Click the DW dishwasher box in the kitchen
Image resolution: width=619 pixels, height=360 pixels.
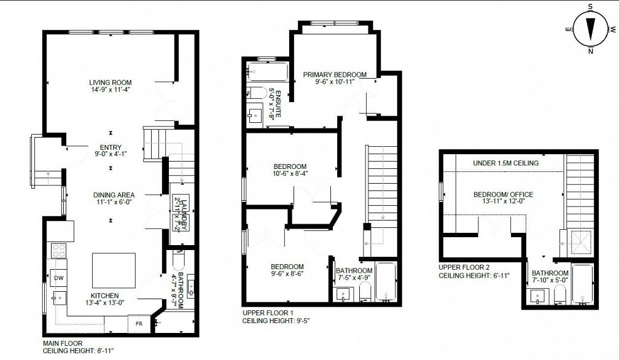coord(58,278)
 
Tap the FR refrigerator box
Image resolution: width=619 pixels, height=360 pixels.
coord(139,324)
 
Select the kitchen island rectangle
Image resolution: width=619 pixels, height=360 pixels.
coord(114,271)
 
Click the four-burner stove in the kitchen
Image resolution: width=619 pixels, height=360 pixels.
coord(59,251)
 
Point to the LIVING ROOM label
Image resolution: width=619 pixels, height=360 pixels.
coord(110,82)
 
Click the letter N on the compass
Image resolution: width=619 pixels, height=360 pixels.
coord(590,51)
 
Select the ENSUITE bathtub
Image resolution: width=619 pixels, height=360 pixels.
coord(267,72)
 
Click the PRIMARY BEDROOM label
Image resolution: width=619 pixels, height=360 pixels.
coord(335,74)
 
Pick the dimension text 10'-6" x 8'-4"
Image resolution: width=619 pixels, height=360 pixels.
coord(290,173)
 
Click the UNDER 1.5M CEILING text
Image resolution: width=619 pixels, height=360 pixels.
coord(506,163)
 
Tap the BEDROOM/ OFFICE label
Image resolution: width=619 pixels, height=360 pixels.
coord(504,195)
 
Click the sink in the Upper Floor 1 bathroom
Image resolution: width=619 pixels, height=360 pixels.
coord(343,294)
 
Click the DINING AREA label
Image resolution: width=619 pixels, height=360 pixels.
coord(114,195)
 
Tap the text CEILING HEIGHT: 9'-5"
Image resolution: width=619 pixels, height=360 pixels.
coord(276,321)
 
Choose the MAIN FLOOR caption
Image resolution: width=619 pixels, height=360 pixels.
coord(63,343)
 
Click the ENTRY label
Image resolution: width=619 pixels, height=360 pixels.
coord(111,147)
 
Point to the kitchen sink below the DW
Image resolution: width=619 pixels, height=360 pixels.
coord(59,297)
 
